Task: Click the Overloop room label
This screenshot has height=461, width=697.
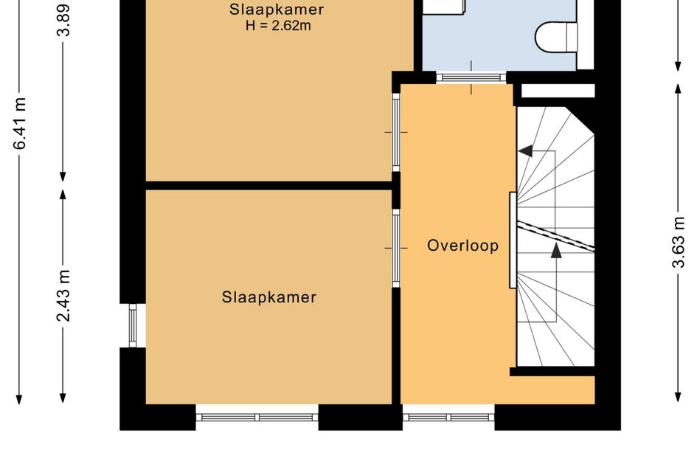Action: coord(462,246)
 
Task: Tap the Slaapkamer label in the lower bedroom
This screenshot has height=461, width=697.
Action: coord(268,297)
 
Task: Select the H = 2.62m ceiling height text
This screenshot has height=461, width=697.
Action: coord(276,27)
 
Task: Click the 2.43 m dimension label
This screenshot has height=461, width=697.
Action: coord(64,295)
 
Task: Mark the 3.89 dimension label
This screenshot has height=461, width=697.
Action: coord(64,19)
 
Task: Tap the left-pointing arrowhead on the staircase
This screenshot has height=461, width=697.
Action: coord(525,151)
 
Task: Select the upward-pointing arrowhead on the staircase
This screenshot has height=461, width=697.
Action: coord(555,250)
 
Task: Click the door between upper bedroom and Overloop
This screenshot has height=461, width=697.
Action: coord(396,132)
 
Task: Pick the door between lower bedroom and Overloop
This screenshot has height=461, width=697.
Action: coord(396,249)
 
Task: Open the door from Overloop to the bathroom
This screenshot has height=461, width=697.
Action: coord(471,77)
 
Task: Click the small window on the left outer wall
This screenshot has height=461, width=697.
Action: coord(133,325)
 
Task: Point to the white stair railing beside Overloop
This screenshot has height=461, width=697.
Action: coord(512,240)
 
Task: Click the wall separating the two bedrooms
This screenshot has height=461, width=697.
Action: coord(268,185)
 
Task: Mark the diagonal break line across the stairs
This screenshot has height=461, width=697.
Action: coord(555,235)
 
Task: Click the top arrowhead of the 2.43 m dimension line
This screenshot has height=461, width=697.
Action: coord(64,195)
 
